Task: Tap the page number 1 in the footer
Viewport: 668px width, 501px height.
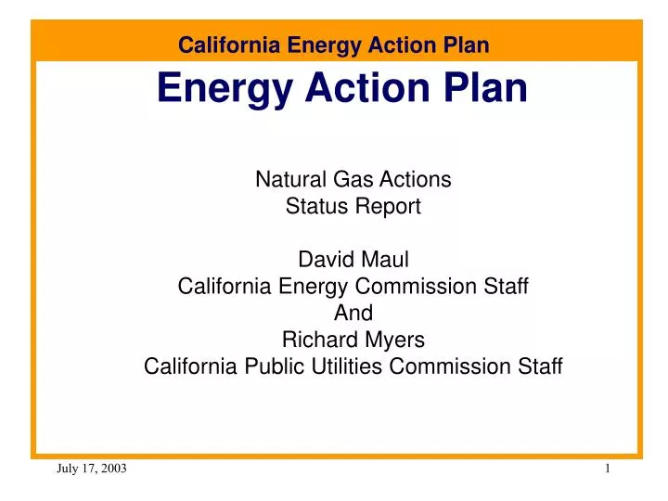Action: tap(607, 470)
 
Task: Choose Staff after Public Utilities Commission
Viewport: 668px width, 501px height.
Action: tap(538, 366)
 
